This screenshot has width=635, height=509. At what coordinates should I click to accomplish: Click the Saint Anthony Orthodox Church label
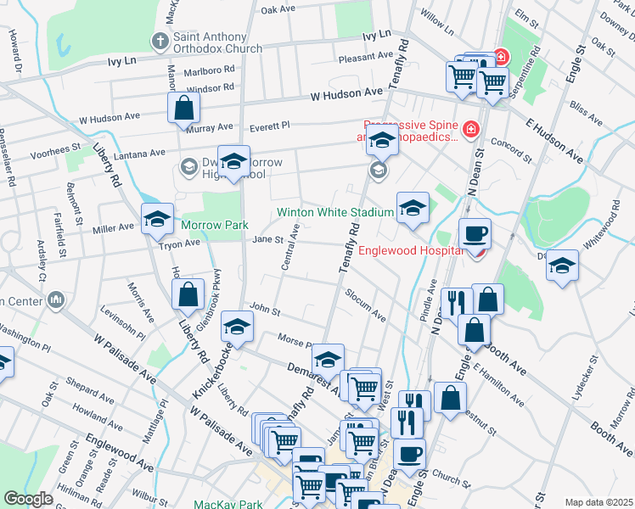point(218,42)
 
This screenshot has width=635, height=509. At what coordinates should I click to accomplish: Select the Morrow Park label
point(214,226)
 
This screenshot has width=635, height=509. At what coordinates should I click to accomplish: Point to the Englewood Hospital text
point(411,250)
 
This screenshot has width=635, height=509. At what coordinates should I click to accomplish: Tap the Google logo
point(28,499)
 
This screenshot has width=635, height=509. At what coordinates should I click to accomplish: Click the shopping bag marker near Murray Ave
point(183,109)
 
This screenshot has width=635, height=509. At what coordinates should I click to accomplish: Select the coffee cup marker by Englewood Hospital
point(475,233)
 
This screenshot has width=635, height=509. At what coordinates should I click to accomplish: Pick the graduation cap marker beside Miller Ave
point(157,219)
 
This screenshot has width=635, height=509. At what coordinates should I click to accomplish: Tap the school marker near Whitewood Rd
point(562,266)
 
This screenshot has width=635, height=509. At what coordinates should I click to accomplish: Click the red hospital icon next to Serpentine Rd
point(501,57)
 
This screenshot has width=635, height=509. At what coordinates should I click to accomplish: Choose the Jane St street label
point(267,239)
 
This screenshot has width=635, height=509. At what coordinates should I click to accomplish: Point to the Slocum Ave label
point(365,306)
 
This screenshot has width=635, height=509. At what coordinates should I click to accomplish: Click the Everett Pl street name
point(269,126)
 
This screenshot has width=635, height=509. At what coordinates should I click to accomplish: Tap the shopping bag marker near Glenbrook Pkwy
point(188,295)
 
